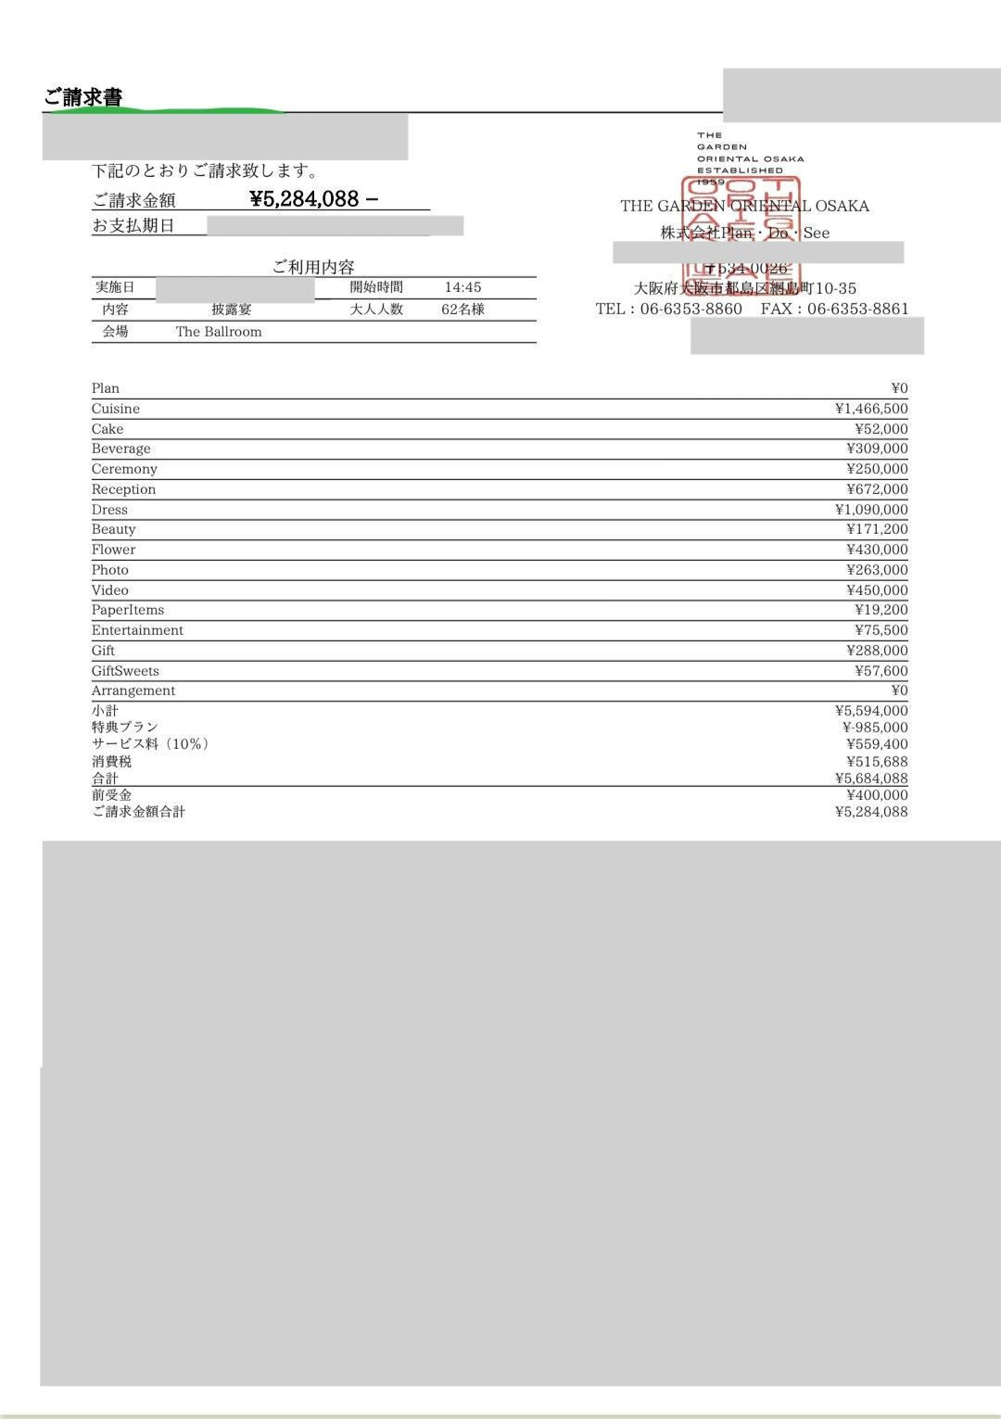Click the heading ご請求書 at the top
83,97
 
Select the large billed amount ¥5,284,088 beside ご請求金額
304,198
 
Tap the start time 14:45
462,287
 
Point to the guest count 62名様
462,310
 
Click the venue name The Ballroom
219,332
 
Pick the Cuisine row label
116,409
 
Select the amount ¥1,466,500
871,409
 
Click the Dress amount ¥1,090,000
871,510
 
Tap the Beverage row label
120,449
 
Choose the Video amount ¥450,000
877,590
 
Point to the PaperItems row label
128,610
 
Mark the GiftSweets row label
125,671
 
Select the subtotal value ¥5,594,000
871,711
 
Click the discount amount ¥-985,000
875,728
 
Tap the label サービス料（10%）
150,744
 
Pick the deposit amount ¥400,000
877,795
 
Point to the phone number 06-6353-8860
691,309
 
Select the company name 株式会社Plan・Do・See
745,233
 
